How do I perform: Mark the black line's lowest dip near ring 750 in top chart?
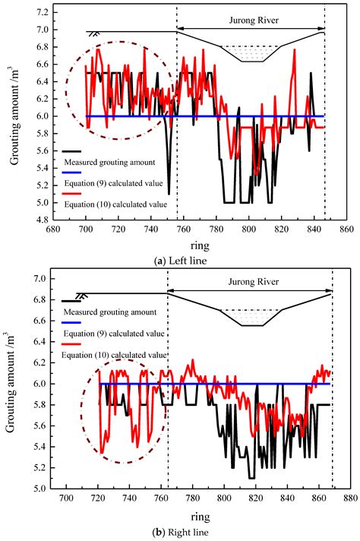point(169,182)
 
